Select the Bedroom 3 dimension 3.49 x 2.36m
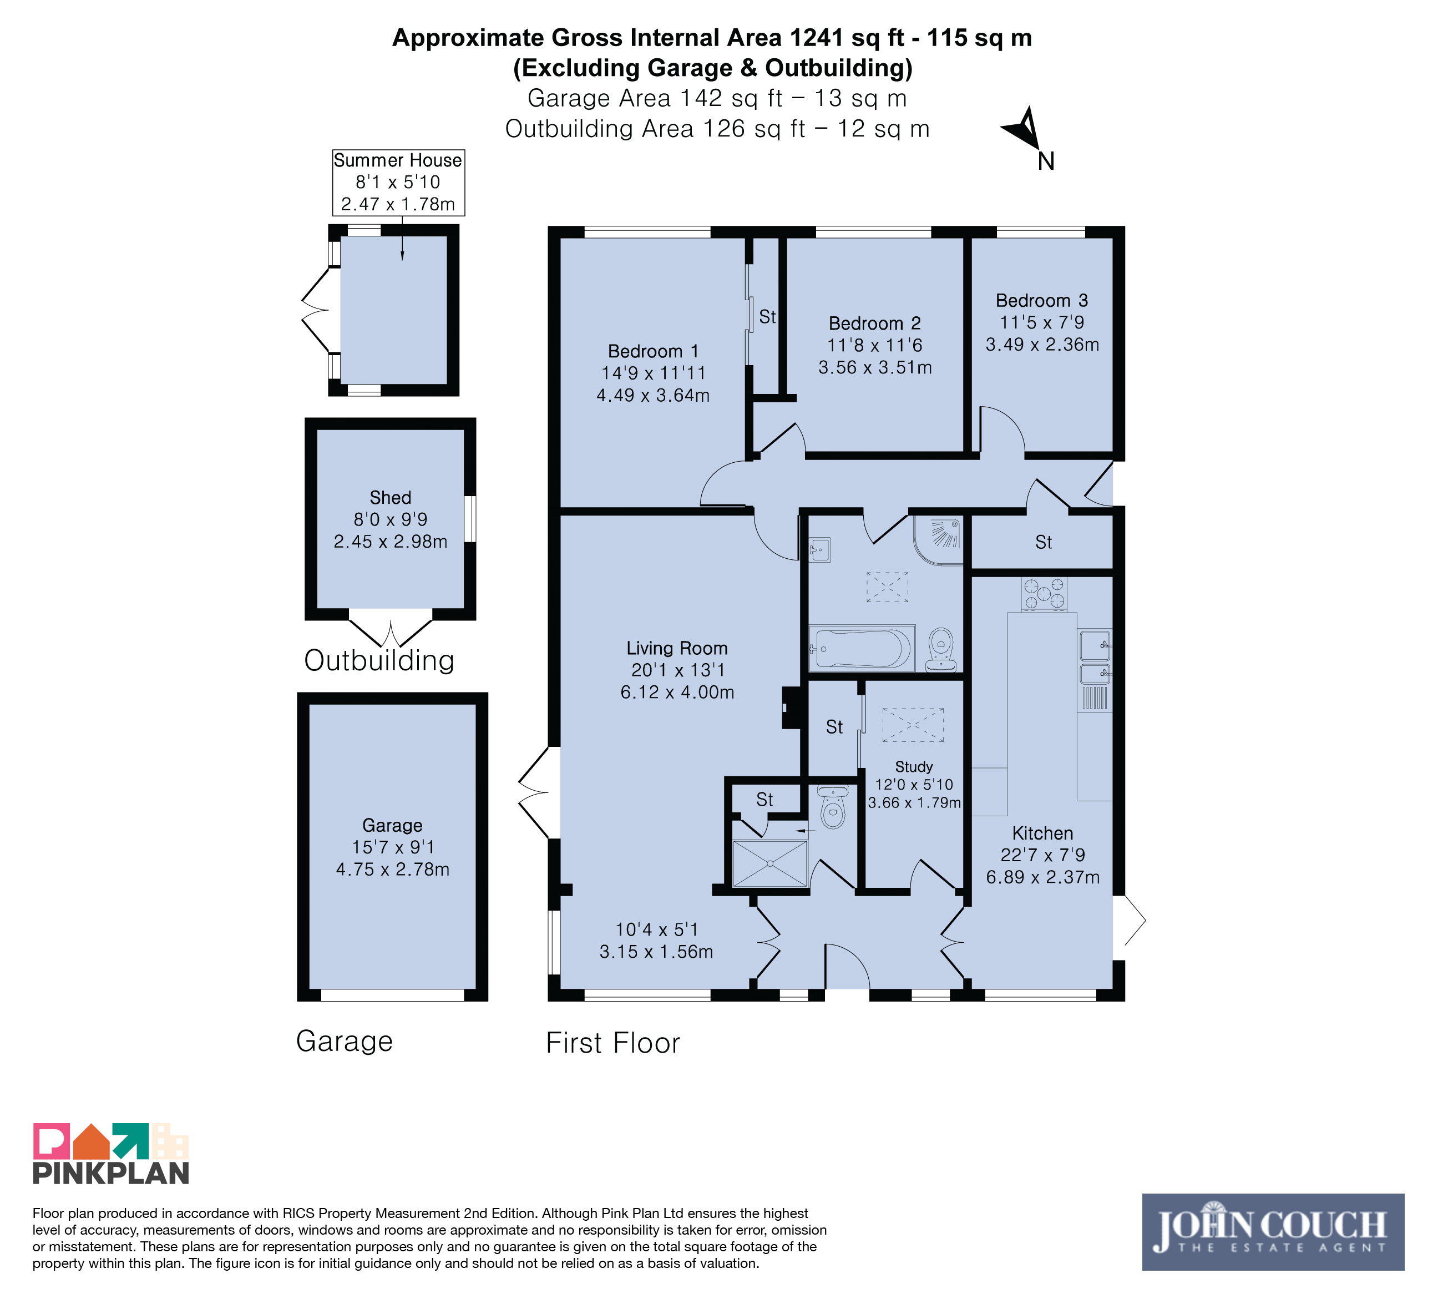(1042, 345)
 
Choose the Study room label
(914, 766)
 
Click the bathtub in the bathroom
(862, 648)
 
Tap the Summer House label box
(398, 182)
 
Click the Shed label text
(390, 497)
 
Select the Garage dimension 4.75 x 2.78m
(392, 869)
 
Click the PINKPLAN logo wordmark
(110, 1172)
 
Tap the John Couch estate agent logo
(1273, 1232)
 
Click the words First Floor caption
(612, 1043)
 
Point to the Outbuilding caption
(379, 660)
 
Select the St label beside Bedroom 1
(767, 317)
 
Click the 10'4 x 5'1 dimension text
(656, 929)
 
